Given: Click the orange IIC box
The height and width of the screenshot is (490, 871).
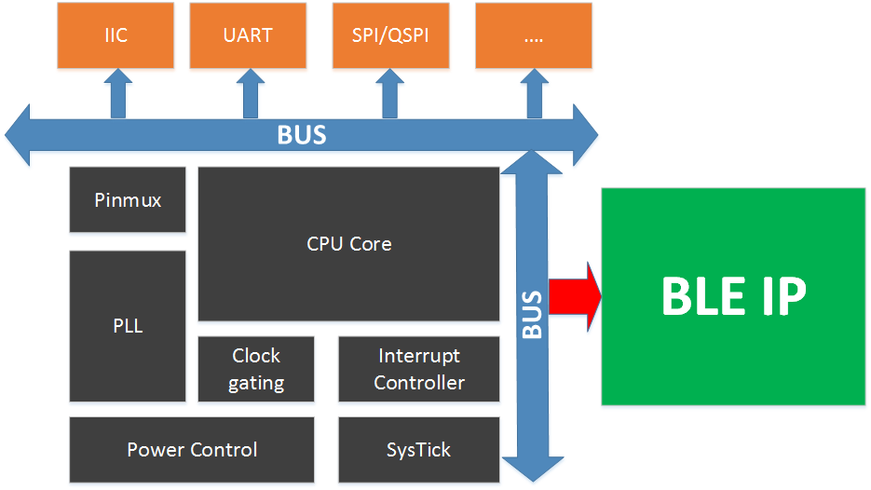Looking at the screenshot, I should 116,35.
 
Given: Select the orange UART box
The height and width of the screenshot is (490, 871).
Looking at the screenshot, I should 248,35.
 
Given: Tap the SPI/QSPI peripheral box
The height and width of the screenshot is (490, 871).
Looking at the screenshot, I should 390,35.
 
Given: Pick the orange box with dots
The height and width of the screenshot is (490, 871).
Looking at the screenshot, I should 533,35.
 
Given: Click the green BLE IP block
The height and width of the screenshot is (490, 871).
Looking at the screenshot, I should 733,296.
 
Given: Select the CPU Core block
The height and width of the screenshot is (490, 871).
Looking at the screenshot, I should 348,244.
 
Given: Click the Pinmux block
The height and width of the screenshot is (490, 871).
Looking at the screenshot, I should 128,200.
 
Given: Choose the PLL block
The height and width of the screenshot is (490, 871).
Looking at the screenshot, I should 128,326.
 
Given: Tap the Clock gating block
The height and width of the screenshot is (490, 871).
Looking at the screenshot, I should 256,369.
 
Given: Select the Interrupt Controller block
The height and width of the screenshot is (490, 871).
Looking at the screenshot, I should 419,369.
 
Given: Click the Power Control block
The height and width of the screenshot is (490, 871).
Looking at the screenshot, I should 192,450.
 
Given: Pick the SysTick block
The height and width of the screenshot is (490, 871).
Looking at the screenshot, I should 419,450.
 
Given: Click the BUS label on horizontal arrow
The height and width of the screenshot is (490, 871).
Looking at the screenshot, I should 302,135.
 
